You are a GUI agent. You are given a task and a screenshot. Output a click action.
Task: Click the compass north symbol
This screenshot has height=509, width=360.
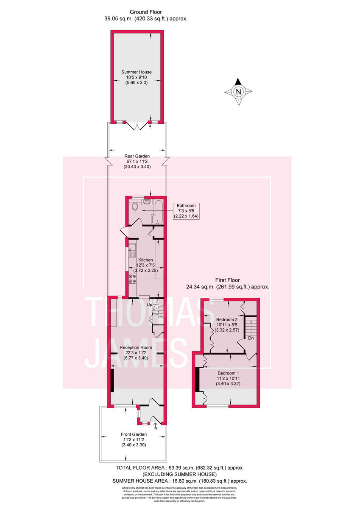[238, 91]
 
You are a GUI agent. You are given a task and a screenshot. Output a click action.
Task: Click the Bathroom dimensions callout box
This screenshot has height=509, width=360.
[186, 211]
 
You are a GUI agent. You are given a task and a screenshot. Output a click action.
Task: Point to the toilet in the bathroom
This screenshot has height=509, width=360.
[135, 207]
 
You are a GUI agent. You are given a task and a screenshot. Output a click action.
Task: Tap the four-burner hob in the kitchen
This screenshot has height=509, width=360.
[132, 278]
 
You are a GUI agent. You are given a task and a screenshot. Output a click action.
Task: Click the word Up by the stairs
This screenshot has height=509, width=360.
[149, 305]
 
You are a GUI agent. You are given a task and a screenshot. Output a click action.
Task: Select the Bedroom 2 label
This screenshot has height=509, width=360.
[226, 319]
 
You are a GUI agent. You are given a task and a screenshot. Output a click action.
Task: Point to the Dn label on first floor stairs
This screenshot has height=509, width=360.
[251, 338]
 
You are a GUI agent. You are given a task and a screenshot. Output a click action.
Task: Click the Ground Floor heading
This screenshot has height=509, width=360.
[145, 12]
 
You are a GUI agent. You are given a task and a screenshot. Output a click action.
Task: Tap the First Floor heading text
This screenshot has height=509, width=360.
[227, 280]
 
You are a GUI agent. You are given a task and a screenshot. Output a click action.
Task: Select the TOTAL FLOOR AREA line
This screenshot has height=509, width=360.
[180, 468]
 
